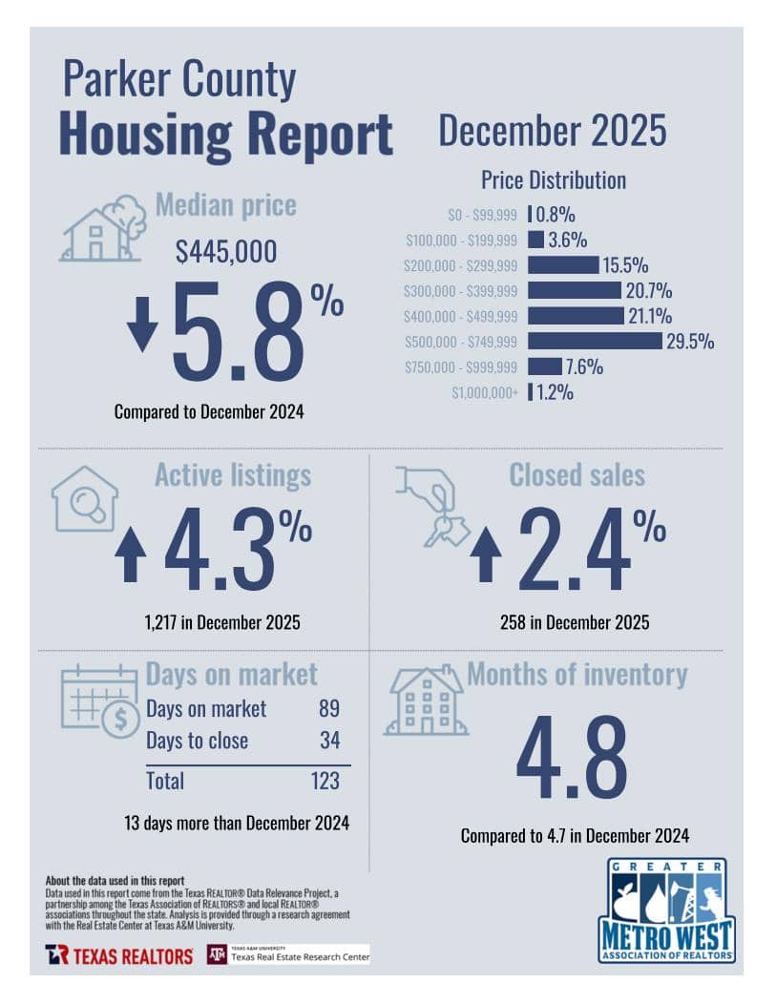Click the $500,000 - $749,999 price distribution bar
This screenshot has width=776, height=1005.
(x=594, y=341)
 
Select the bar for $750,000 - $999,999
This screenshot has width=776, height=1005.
(x=544, y=366)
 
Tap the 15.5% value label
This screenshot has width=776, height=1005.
(x=625, y=264)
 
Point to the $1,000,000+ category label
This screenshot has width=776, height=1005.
(x=486, y=392)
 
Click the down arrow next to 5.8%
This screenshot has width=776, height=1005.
(x=142, y=325)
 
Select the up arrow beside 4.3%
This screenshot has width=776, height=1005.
(x=130, y=554)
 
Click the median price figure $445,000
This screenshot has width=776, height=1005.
(x=226, y=252)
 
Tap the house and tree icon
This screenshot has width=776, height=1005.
(x=104, y=229)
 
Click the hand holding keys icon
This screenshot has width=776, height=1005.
(x=431, y=506)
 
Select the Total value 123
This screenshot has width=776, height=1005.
(x=325, y=781)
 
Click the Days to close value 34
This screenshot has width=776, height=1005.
(x=328, y=741)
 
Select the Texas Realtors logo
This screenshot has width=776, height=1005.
(x=118, y=954)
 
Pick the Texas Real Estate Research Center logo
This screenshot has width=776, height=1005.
(x=287, y=954)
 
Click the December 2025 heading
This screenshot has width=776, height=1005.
(x=552, y=132)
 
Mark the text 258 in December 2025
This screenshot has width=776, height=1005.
(x=575, y=623)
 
